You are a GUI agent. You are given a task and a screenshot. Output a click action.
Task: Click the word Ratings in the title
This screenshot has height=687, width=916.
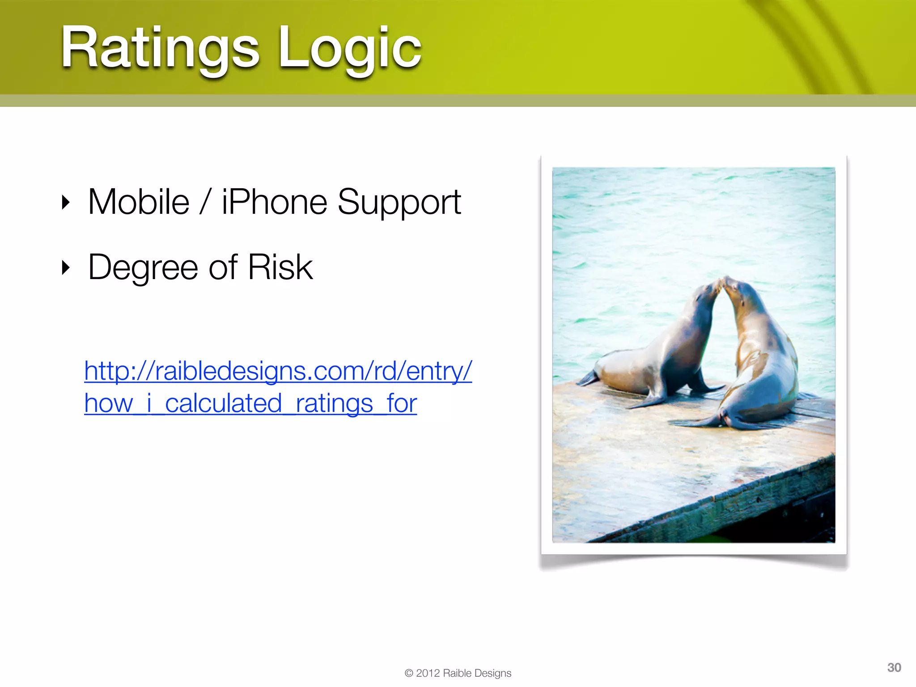click(160, 48)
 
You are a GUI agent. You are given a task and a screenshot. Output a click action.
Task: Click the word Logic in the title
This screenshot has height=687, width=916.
click(350, 48)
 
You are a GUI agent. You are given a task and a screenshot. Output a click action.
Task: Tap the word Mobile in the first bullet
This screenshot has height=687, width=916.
click(139, 202)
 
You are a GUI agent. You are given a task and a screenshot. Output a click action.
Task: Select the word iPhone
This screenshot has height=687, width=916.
click(274, 202)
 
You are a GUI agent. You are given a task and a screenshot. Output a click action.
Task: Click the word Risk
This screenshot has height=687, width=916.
click(280, 267)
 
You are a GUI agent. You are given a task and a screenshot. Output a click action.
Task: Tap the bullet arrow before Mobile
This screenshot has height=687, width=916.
click(66, 203)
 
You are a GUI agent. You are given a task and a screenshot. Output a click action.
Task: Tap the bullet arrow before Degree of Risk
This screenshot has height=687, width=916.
click(66, 267)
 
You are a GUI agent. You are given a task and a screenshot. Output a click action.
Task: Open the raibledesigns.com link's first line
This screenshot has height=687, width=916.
click(278, 371)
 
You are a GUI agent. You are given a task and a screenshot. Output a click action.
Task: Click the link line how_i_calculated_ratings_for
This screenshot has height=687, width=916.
click(250, 403)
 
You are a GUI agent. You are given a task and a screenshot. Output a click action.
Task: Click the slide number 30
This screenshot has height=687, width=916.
click(894, 668)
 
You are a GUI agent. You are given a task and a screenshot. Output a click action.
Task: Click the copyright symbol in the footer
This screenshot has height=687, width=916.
click(408, 674)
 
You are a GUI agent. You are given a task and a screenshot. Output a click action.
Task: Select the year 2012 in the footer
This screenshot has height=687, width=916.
click(428, 674)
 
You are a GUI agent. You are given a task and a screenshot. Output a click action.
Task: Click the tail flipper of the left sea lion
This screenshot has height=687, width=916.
click(588, 378)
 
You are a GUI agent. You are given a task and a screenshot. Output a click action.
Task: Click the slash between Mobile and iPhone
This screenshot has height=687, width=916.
click(205, 202)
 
